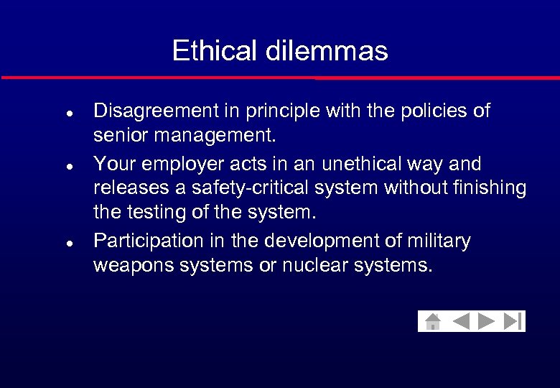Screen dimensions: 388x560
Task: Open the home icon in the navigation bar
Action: tap(432, 321)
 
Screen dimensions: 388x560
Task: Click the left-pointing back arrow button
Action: tap(460, 321)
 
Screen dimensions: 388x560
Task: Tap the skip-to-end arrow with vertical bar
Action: tap(513, 321)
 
